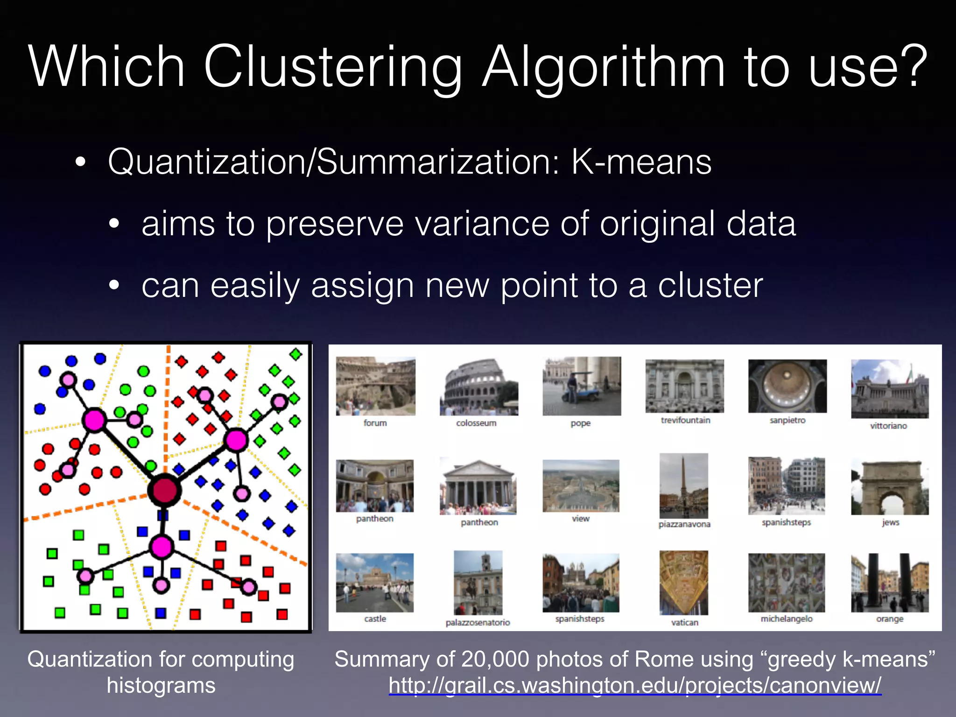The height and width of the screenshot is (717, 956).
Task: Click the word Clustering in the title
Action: coord(332,66)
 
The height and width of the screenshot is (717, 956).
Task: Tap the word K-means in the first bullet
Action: coord(641,162)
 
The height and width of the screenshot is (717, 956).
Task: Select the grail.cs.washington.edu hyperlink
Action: coord(635,685)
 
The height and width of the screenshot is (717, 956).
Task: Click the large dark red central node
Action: coord(164,491)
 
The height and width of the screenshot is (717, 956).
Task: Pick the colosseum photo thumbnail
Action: coord(478,387)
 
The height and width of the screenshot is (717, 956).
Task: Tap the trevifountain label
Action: coord(685,420)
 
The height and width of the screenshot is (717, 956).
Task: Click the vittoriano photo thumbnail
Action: coord(890,388)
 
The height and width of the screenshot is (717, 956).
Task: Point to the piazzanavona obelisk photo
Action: coord(684,485)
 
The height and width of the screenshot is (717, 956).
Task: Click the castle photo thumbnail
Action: coord(375,583)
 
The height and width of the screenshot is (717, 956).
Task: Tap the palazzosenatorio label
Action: coord(478,622)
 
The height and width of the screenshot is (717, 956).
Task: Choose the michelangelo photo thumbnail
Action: coord(787,583)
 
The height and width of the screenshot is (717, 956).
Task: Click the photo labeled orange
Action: coord(890,583)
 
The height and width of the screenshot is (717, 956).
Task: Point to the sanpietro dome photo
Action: coord(787,386)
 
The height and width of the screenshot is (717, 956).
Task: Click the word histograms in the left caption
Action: coord(161,685)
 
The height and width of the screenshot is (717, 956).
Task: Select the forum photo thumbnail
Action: coord(375,386)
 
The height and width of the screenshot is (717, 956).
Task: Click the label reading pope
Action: coord(580,423)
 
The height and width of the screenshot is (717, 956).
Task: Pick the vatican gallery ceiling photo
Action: coord(684,583)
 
